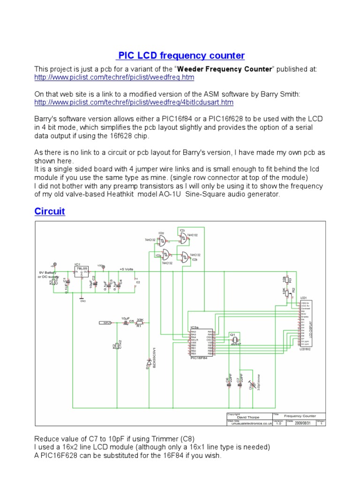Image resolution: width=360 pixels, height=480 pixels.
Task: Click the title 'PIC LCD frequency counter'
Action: coord(181,56)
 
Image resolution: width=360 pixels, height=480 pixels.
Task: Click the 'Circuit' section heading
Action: coord(50,211)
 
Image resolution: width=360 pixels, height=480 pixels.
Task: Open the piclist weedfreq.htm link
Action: coord(114,77)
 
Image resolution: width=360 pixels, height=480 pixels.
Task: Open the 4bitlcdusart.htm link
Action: coord(134,102)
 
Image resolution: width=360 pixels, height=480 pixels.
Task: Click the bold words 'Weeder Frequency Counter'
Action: coord(232,69)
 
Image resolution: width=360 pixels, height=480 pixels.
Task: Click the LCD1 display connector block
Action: coord(305,323)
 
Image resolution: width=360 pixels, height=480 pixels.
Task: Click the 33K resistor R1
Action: coord(139,323)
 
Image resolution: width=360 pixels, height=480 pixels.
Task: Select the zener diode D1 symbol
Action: coord(150,362)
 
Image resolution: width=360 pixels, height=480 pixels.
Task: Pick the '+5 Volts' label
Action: coord(126,269)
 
